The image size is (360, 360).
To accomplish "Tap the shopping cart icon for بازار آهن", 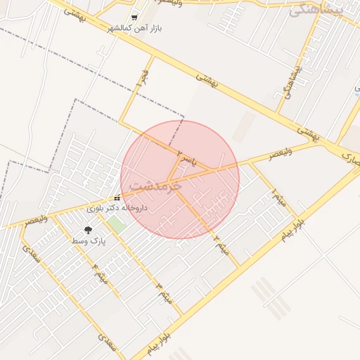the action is [134, 18].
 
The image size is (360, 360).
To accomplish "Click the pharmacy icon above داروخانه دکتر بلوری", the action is [117, 198].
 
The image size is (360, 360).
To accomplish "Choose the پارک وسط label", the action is [88, 240].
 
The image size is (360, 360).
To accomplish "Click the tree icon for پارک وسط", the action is [88, 230].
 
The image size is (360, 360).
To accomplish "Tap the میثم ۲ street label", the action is [221, 243].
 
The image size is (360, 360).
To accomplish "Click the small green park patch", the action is [116, 226].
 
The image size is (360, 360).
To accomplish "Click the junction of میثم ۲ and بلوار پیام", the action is [239, 266].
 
